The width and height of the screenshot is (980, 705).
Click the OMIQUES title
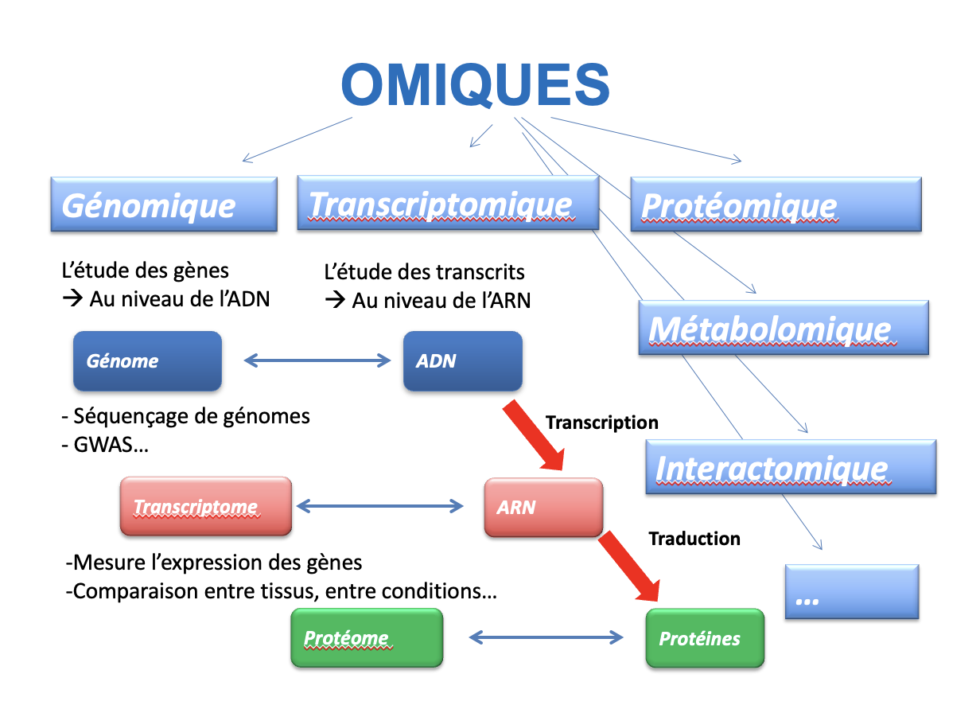[x=475, y=84]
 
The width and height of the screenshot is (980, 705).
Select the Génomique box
[x=164, y=204]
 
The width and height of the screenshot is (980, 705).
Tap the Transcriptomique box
[x=448, y=203]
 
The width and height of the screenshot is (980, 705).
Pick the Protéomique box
[x=776, y=204]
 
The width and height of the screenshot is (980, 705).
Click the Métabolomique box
[x=784, y=327]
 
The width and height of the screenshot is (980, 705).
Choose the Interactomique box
[x=791, y=467]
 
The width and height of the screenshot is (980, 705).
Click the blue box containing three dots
[x=852, y=592]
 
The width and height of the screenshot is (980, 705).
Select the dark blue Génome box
[x=147, y=361]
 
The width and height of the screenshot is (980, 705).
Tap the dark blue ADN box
[x=463, y=361]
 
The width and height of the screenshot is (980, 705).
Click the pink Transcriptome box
[x=206, y=506]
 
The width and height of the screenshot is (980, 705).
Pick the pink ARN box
[x=543, y=507]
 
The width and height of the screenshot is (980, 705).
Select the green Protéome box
[x=367, y=637]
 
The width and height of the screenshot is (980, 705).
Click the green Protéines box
[x=706, y=638]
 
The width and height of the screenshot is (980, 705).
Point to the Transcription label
[x=602, y=423]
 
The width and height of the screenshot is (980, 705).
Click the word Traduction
[x=694, y=539]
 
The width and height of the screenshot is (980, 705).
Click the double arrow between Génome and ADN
[x=317, y=360]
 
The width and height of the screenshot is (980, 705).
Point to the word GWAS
[x=103, y=445]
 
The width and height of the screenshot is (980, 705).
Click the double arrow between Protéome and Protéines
[x=546, y=637]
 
